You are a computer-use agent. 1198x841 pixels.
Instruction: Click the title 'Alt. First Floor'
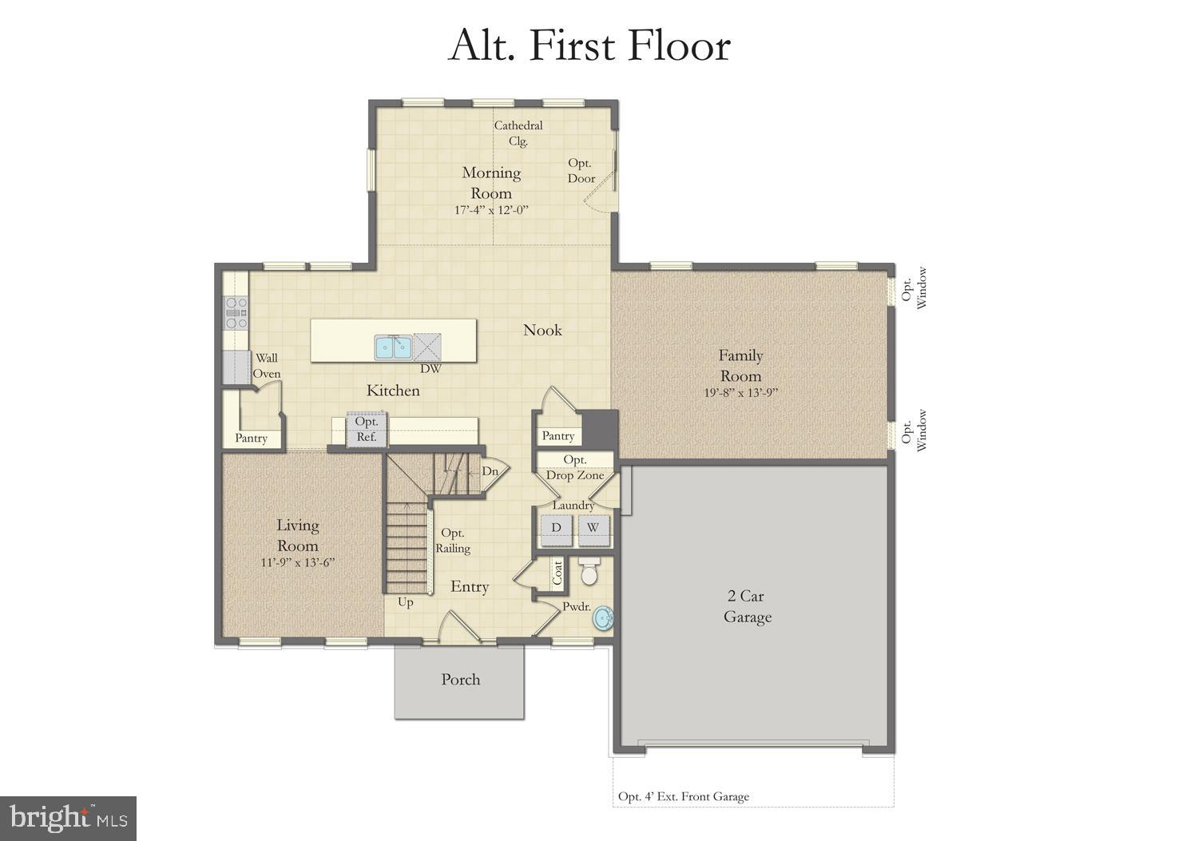[589, 46]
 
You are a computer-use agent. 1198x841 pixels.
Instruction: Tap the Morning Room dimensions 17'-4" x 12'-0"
[492, 210]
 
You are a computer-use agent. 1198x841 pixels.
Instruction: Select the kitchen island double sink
[393, 347]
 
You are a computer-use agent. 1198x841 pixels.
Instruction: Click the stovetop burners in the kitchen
[236, 312]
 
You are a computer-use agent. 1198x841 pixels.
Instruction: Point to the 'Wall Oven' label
[267, 366]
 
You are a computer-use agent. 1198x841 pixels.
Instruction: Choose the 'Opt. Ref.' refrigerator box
[367, 429]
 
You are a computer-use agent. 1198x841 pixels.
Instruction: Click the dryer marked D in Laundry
[556, 529]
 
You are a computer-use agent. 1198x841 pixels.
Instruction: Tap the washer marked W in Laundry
[593, 529]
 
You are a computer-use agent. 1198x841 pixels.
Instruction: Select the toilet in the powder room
[589, 573]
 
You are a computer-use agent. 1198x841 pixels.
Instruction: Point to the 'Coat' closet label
[557, 571]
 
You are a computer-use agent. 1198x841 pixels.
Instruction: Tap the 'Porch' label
[461, 680]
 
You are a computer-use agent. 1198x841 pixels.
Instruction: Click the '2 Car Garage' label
[748, 606]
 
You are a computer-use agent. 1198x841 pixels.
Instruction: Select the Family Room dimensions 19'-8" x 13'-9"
[740, 392]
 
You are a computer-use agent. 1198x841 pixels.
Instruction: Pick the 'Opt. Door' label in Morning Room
[581, 171]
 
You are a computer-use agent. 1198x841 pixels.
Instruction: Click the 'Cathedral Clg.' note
[518, 133]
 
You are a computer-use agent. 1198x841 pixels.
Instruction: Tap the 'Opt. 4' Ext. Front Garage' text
[684, 796]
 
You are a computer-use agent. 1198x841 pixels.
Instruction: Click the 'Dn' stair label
[490, 471]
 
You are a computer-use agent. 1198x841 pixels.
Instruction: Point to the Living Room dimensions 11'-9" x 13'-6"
[297, 561]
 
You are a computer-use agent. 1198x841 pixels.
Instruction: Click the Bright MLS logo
[69, 818]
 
